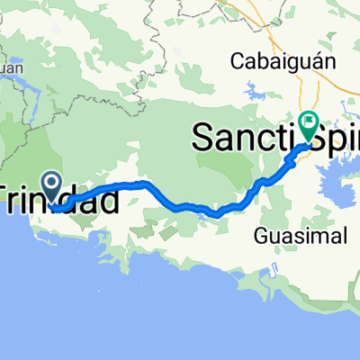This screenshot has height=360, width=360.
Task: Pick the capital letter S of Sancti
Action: [x=203, y=136]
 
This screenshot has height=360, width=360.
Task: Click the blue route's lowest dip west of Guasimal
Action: [x=216, y=214]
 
